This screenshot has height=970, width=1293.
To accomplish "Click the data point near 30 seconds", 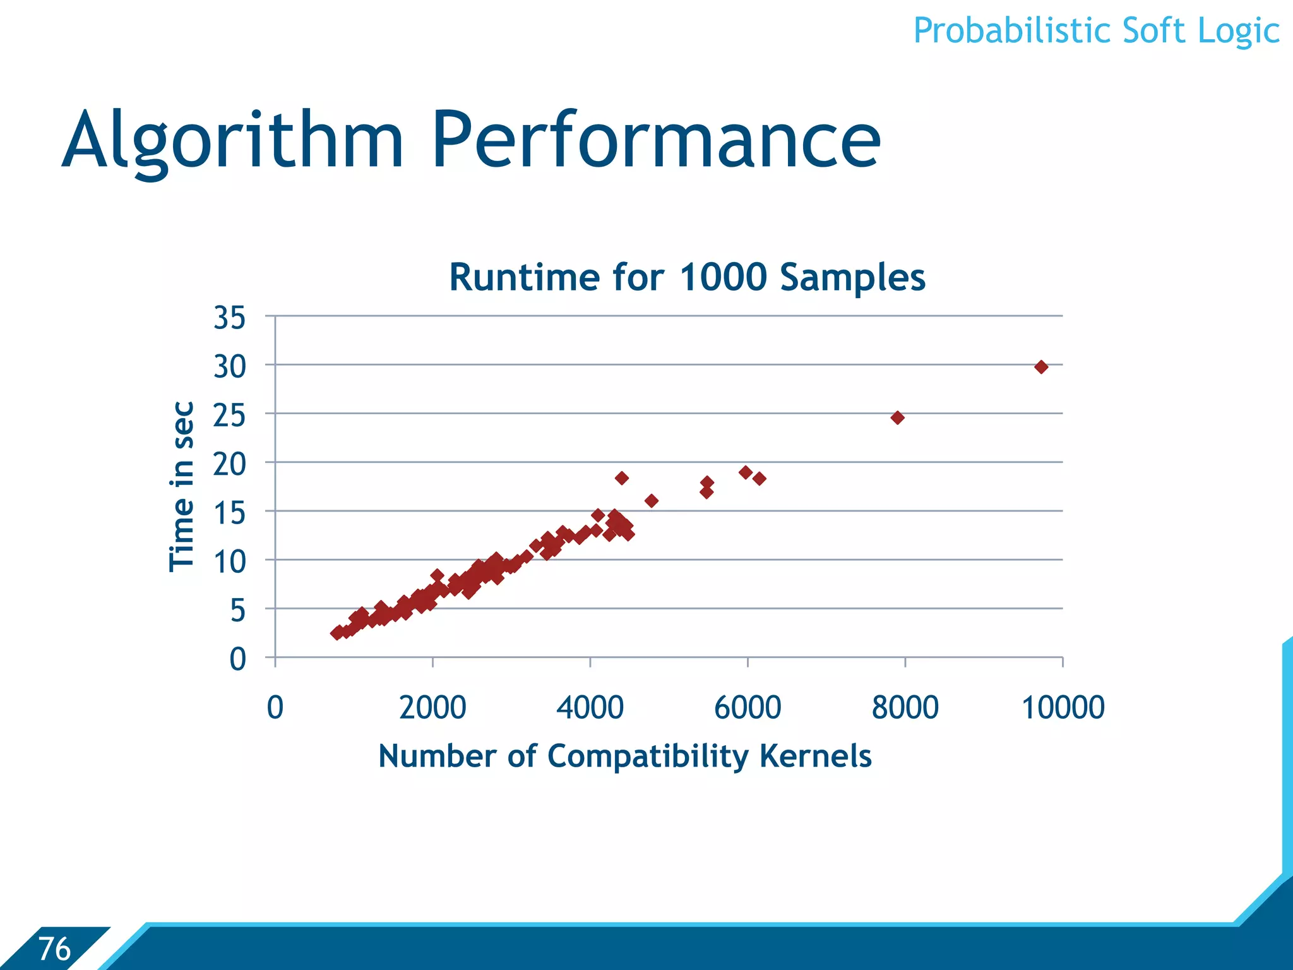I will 1041,367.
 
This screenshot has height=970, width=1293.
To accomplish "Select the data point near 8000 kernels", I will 897,417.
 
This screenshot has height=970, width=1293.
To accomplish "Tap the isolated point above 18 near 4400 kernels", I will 621,478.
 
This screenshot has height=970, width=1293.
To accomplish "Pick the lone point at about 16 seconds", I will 652,501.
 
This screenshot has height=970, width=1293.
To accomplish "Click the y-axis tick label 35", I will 229,318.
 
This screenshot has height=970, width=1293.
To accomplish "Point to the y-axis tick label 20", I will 229,465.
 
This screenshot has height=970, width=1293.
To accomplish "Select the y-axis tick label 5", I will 237,611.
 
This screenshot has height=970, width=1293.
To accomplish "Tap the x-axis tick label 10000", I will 1063,707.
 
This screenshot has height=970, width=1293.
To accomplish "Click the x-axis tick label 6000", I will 748,707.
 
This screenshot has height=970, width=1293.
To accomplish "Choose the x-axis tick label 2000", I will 432,707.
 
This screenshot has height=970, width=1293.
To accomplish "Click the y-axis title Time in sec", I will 182,486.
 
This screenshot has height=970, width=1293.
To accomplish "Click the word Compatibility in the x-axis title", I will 647,757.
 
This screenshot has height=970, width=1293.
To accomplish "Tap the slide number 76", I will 54,949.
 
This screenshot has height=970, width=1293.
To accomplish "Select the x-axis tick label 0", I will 275,707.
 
